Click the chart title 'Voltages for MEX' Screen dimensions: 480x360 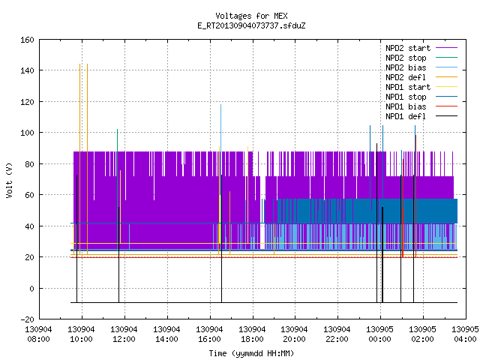click(251, 16)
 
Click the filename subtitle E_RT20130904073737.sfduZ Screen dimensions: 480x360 click(251, 25)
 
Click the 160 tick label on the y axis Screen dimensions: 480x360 click(27, 40)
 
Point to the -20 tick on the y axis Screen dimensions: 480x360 click(27, 319)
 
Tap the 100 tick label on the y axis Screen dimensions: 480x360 click(27, 133)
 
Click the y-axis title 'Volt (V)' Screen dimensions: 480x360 click(10, 180)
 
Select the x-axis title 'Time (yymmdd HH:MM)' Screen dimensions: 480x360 click(251, 353)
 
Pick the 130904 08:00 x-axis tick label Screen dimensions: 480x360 click(38, 334)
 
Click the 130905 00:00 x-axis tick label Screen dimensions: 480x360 click(380, 334)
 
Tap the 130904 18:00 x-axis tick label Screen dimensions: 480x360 click(252, 334)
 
